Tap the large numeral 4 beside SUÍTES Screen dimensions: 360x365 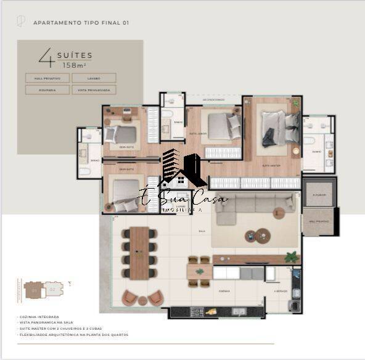[45, 57]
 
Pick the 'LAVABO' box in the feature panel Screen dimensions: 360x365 [94, 78]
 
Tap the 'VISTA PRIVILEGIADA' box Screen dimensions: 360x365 [94, 90]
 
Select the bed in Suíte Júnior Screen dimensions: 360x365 [223, 127]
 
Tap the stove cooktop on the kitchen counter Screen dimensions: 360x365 [197, 312]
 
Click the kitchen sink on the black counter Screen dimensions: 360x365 [239, 311]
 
